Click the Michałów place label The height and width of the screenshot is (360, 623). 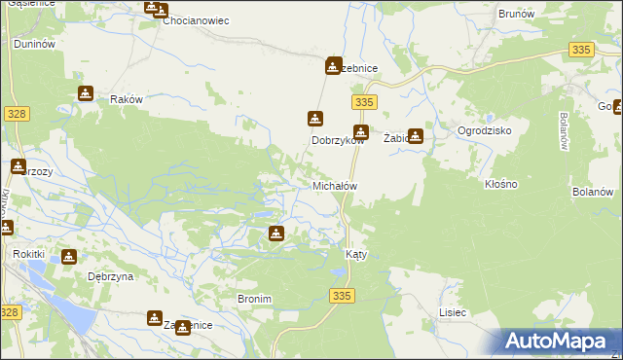pos(335,186)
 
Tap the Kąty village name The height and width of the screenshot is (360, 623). pos(356,253)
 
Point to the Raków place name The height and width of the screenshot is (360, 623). pos(127,100)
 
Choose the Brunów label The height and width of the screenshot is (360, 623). pos(517,14)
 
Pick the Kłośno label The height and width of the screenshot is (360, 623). pos(500,183)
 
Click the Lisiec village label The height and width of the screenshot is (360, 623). pos(453,312)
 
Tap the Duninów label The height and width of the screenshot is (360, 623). pos(33,45)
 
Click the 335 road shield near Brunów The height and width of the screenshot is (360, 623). pos(582,50)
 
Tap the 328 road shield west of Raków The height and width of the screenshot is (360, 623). pos(16,114)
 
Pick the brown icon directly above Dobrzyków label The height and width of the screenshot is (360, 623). pos(314,119)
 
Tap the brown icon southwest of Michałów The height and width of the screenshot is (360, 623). pos(276,234)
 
